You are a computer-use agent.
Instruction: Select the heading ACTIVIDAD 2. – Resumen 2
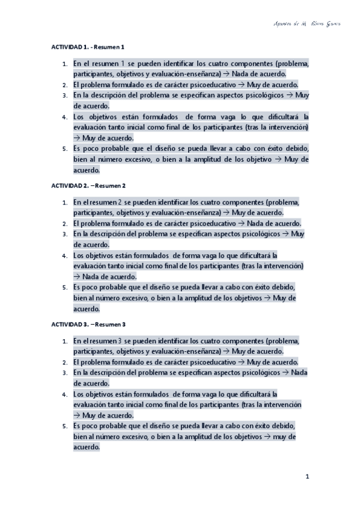point(88,186)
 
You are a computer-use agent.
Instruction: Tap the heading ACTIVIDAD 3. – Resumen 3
point(88,325)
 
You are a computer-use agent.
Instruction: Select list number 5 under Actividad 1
point(64,149)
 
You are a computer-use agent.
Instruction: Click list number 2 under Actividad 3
point(64,363)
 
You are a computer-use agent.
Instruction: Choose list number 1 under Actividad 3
point(64,341)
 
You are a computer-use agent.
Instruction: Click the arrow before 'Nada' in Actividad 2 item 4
point(77,277)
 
